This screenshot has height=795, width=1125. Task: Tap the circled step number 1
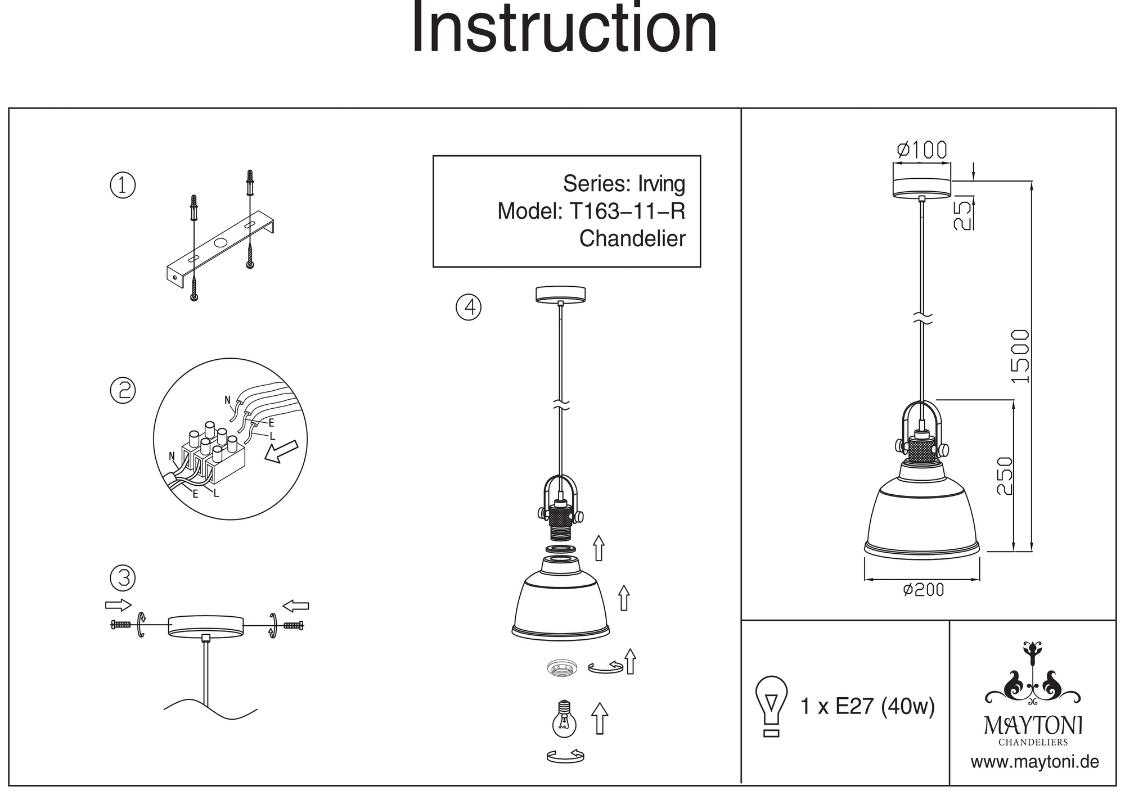123,186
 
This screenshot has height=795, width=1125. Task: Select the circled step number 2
123,390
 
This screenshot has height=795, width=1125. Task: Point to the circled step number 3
123,578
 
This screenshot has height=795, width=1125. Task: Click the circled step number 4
469,307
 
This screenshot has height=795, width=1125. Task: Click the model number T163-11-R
627,211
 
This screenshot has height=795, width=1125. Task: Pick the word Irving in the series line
661,184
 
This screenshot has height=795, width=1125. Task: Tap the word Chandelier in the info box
632,239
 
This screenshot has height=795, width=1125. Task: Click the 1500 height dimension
1020,356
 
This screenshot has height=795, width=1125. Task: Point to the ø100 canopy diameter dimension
922,150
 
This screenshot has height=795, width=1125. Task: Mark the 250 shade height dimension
1005,476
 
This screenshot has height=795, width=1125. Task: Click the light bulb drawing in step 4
564,720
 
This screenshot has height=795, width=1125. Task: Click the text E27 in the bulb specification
854,706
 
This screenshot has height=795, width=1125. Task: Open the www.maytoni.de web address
1034,762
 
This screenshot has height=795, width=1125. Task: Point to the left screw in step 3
121,624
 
